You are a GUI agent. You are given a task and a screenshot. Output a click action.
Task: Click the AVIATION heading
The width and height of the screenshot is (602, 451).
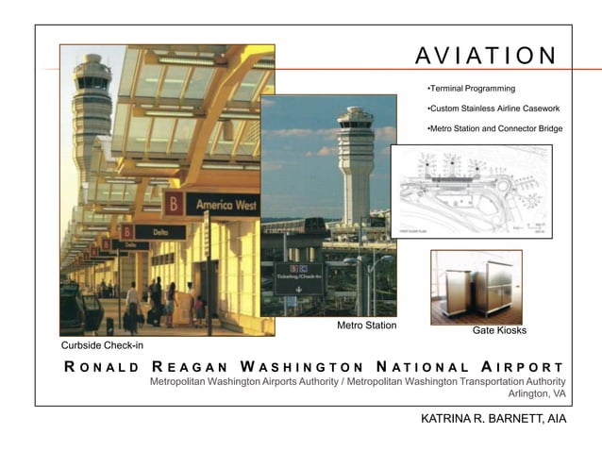[486, 55]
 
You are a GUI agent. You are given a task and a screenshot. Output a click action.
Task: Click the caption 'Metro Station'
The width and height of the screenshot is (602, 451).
[366, 326]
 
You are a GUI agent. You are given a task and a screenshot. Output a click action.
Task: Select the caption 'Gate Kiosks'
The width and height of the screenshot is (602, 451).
[499, 331]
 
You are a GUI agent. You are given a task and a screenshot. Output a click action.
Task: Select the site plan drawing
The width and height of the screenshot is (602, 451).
[471, 192]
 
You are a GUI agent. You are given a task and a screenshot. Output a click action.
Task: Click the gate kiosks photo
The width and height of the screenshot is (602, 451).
[476, 286]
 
